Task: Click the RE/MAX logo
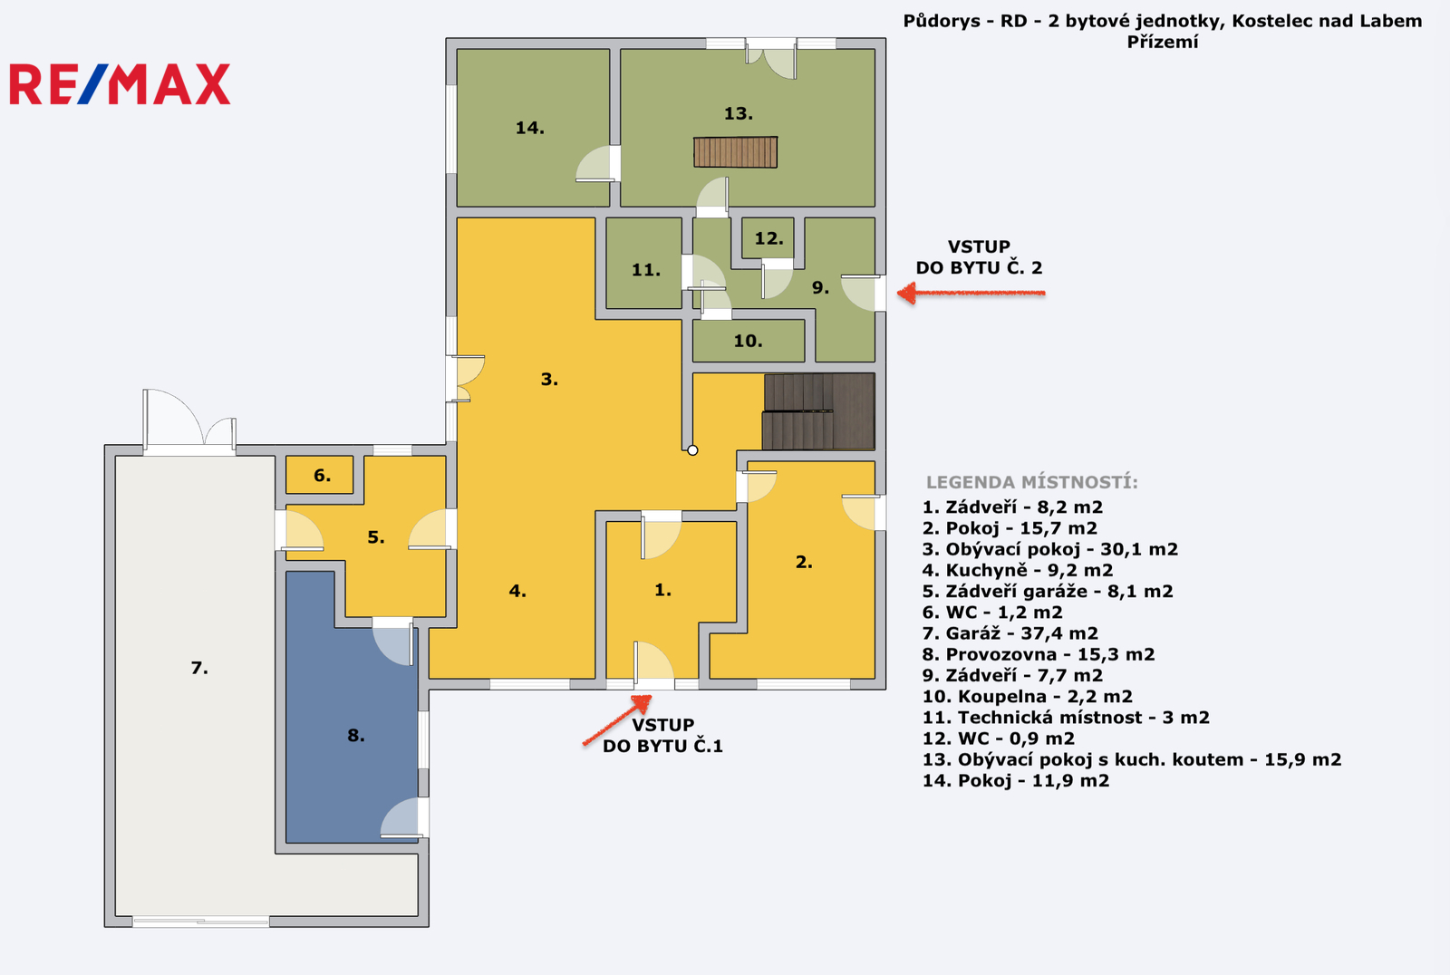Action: coord(120,84)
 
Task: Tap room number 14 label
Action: coord(529,128)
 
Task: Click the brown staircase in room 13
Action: coord(735,152)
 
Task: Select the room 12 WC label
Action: coord(768,239)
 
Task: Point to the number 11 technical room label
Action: coord(646,270)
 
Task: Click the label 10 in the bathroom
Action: coord(748,342)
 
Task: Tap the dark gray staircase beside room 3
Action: coord(819,411)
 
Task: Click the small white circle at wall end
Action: coord(692,450)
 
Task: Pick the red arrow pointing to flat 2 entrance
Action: coord(971,294)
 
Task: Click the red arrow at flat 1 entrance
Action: coord(617,719)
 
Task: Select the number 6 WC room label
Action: coord(322,476)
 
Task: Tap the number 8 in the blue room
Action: coord(355,736)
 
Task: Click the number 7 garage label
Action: coord(199,668)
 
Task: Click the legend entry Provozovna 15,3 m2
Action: coord(1039,654)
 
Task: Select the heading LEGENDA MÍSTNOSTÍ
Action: coord(1032,482)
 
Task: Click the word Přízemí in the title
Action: coord(1163,42)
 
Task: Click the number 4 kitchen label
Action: coord(517,591)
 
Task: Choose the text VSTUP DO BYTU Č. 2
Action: coord(979,257)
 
